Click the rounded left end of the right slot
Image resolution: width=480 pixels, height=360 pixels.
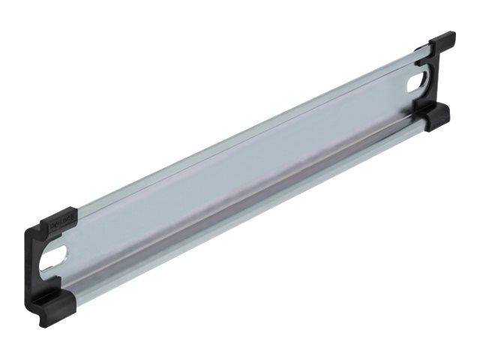[411, 83]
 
